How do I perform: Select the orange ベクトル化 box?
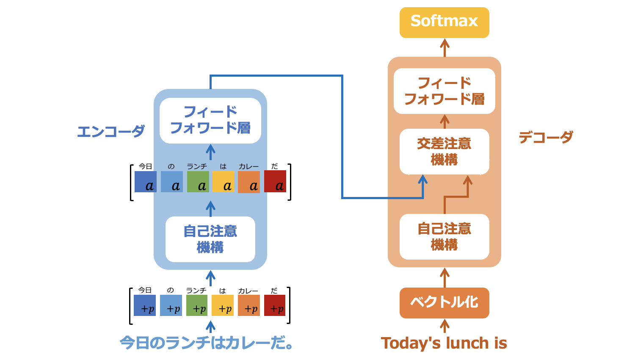444,303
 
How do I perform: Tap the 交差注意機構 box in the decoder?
444,152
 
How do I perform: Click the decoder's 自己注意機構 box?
444,237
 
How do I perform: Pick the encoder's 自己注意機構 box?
210,239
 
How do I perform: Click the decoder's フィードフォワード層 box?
444,91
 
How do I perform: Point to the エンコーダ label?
111,131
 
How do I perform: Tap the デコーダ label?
546,137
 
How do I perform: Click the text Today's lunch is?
444,343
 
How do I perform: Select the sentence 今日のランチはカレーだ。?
207,343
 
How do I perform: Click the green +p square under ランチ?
197,306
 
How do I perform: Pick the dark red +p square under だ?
275,306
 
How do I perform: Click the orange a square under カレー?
249,182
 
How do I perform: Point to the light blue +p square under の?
171,306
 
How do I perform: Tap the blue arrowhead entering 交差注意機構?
422,180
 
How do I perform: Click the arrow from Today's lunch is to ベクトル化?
444,326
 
